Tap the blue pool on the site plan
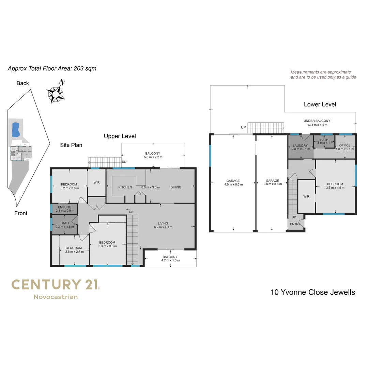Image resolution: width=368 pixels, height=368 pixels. (x=15, y=130)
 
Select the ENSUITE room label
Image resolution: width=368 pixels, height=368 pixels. (x=64, y=207)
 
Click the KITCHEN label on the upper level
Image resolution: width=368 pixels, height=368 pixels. (x=125, y=187)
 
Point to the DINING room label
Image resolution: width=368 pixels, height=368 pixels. (x=176, y=187)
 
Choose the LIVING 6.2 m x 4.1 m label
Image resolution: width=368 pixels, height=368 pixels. (x=163, y=225)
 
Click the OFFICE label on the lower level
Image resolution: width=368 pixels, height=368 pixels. (x=345, y=145)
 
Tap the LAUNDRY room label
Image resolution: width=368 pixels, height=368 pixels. (x=300, y=145)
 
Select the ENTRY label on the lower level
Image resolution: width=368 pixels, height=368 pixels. (x=295, y=224)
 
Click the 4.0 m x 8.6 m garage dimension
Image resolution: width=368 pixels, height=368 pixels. (x=233, y=184)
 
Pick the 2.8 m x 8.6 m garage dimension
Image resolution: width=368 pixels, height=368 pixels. (x=273, y=184)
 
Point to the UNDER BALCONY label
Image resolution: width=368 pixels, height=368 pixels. (x=317, y=121)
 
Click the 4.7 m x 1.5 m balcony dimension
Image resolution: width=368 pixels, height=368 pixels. (x=171, y=260)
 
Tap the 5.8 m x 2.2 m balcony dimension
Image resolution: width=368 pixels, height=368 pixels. (x=153, y=157)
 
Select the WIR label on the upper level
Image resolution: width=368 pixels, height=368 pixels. (x=96, y=182)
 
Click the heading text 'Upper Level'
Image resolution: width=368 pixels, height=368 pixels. (x=120, y=136)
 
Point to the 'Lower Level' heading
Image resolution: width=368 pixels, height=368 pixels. (x=320, y=105)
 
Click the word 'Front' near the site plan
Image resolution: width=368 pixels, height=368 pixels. (x=21, y=213)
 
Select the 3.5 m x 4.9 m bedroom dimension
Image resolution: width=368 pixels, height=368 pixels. (x=335, y=187)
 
